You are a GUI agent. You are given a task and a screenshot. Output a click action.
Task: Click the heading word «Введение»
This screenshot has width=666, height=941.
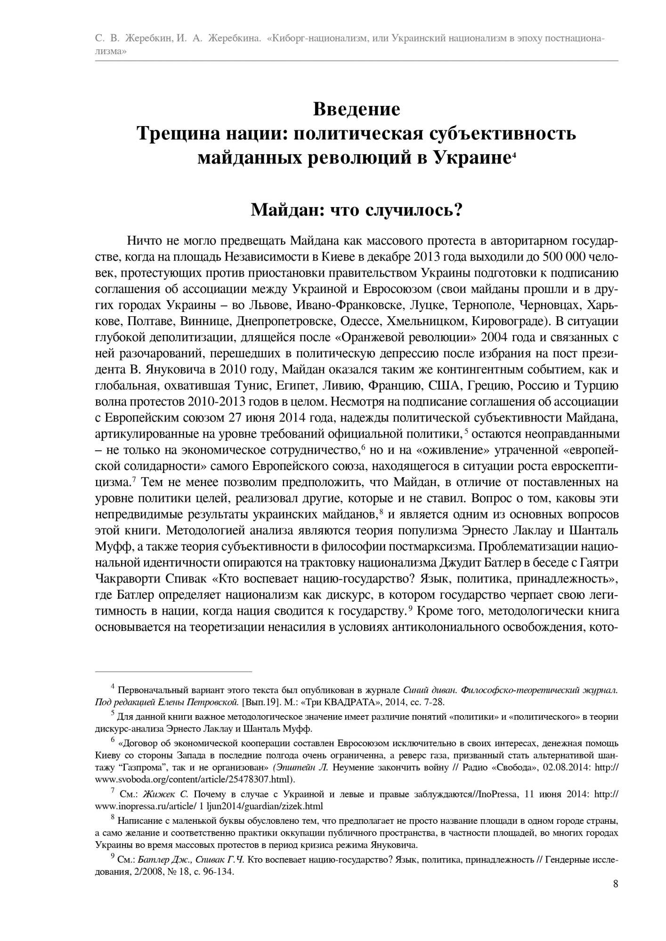click(357, 109)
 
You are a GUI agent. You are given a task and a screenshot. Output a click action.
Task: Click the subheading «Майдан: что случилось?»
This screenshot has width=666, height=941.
click(357, 209)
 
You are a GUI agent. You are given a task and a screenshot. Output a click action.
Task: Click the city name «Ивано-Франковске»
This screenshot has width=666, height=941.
click(350, 305)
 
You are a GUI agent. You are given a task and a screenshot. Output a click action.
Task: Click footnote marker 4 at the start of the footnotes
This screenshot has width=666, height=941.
click(113, 687)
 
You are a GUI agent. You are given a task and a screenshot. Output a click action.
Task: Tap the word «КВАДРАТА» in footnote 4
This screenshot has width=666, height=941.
click(347, 702)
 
